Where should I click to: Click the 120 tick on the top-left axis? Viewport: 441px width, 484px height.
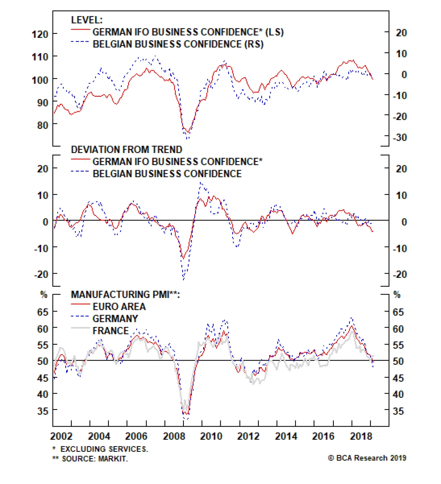click(40, 34)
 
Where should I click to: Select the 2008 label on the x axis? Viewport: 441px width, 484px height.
click(174, 436)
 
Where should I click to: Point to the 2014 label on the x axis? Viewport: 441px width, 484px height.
click(286, 436)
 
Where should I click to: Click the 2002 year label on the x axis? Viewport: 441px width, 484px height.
click(61, 436)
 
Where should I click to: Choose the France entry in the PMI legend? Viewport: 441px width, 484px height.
click(111, 330)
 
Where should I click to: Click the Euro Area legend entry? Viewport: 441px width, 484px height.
click(119, 306)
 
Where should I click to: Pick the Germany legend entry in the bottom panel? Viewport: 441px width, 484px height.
click(115, 319)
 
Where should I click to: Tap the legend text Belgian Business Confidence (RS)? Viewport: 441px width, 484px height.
click(178, 44)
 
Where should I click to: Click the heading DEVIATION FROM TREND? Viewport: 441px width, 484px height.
click(127, 149)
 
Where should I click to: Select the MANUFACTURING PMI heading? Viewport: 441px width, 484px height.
click(125, 295)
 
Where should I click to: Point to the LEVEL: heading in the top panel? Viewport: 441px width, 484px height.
click(87, 20)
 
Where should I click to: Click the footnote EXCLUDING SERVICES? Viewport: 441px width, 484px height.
click(104, 449)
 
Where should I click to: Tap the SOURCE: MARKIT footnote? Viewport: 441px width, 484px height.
click(95, 459)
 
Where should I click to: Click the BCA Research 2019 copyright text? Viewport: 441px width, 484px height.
click(367, 458)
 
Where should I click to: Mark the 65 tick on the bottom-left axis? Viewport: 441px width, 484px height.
click(43, 312)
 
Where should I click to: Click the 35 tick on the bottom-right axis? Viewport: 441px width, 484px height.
click(398, 411)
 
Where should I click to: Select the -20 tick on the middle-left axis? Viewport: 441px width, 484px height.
click(41, 274)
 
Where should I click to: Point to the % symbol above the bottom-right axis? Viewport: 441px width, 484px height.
click(397, 295)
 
